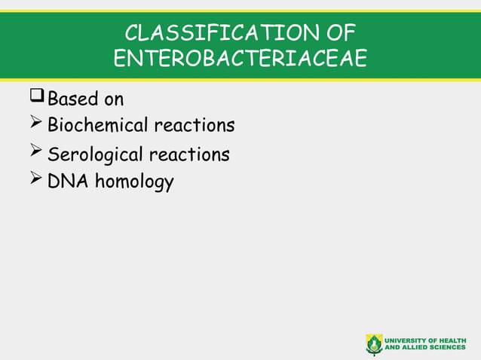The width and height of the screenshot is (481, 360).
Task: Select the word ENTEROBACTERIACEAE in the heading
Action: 240,59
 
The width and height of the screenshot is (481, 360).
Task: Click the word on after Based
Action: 114,99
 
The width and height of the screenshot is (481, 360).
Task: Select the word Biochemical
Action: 98,124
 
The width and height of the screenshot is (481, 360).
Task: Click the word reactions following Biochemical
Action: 195,124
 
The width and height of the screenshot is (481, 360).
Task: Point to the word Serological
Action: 95,155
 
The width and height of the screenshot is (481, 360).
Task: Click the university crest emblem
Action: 374,343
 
